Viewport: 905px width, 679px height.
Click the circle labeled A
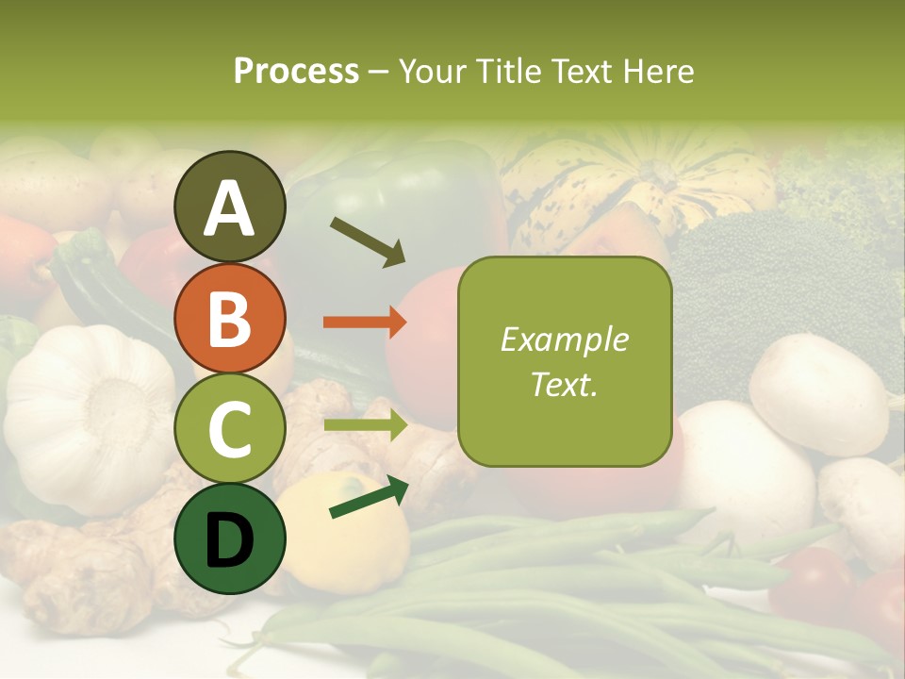pos(229,207)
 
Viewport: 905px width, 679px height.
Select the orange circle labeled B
pos(229,319)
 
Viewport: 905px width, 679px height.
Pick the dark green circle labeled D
pos(229,538)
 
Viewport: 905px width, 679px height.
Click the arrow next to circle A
pos(368,241)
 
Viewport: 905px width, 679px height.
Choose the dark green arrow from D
pos(369,496)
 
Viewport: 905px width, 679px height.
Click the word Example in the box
pos(564,339)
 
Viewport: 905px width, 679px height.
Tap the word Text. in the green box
pos(564,385)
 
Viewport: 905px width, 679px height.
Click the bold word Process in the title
pos(296,71)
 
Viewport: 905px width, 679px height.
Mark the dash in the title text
pos(379,71)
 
